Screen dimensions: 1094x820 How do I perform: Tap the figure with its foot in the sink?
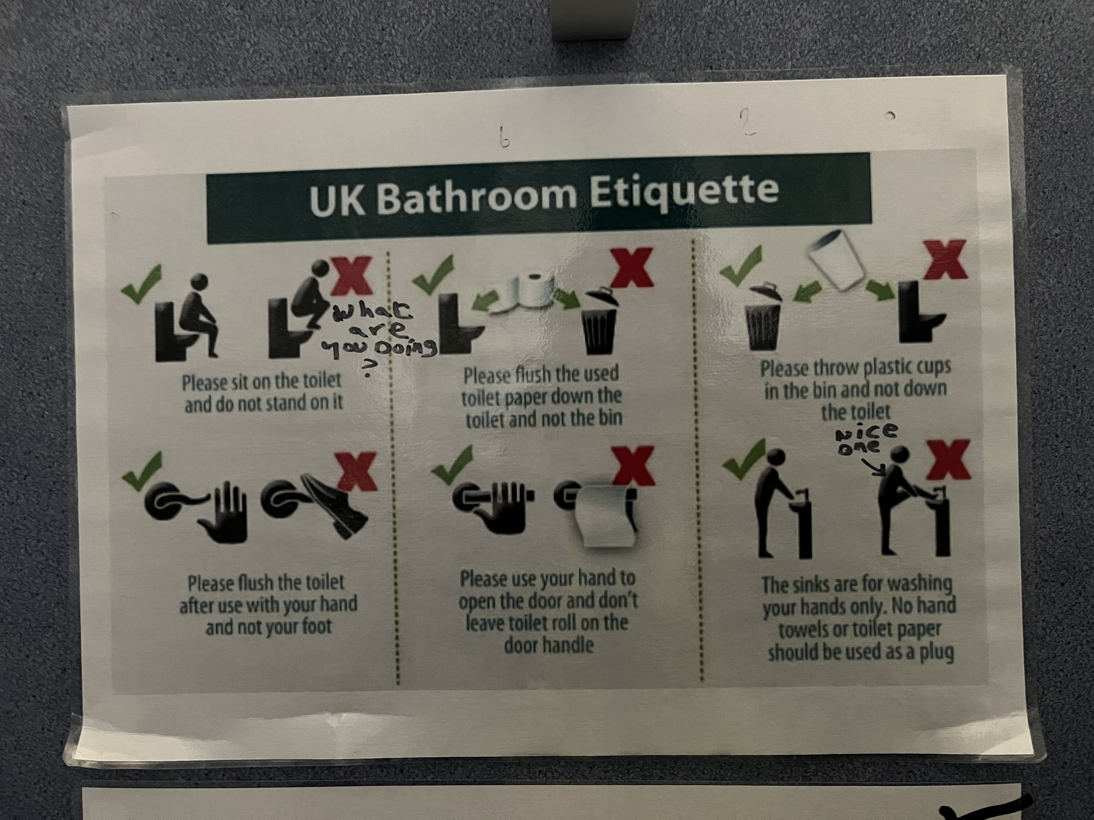(895, 499)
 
